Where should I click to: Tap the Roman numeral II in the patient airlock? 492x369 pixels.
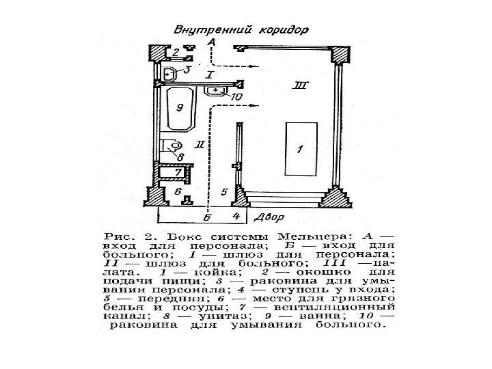(x=199, y=143)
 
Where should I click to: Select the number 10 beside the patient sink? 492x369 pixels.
(x=236, y=98)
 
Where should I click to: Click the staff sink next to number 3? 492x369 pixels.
(x=169, y=72)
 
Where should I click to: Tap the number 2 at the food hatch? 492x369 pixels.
(x=176, y=52)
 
